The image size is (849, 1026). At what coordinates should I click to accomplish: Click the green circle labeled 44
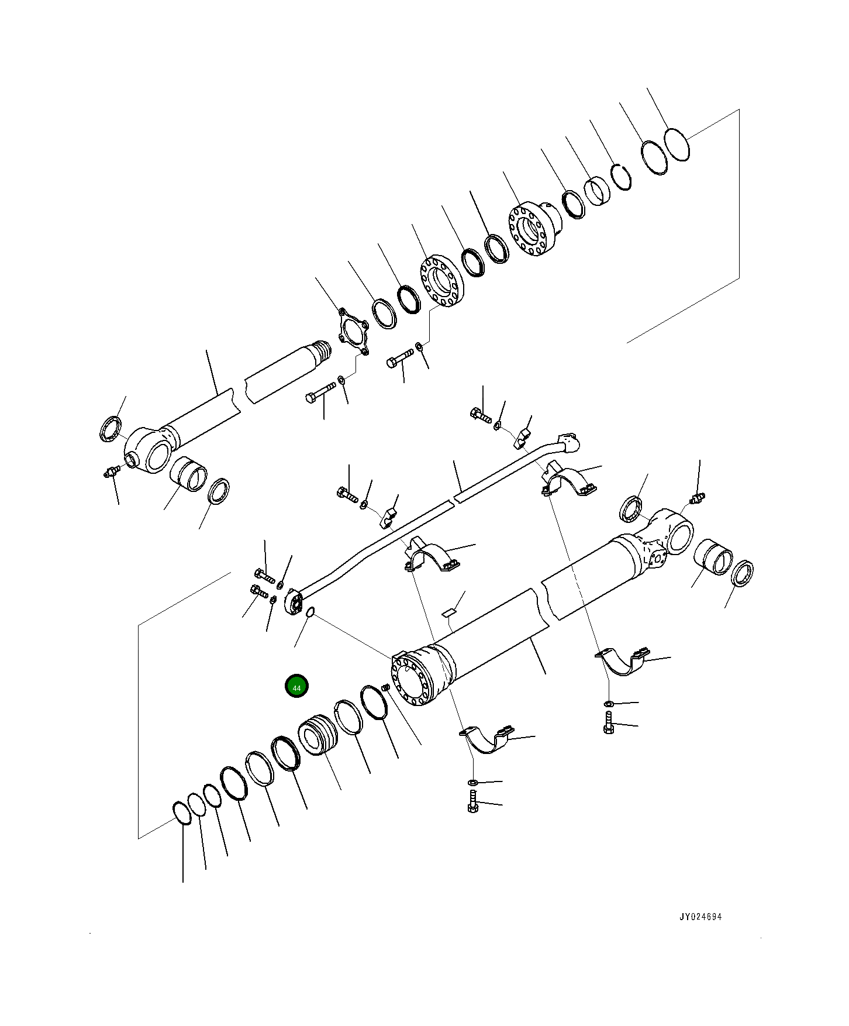[296, 687]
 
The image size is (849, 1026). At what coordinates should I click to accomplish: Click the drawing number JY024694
[700, 917]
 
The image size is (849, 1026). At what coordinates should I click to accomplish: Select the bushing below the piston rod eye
[188, 474]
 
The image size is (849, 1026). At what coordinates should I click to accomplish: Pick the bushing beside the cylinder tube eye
[712, 560]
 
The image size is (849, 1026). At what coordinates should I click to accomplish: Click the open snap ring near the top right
[622, 177]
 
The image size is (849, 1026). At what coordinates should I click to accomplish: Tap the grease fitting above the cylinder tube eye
[697, 499]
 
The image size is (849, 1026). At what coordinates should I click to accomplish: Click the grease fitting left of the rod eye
[109, 471]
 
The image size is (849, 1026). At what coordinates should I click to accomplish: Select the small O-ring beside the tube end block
[310, 612]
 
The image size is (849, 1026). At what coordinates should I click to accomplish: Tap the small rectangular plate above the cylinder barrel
[448, 612]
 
